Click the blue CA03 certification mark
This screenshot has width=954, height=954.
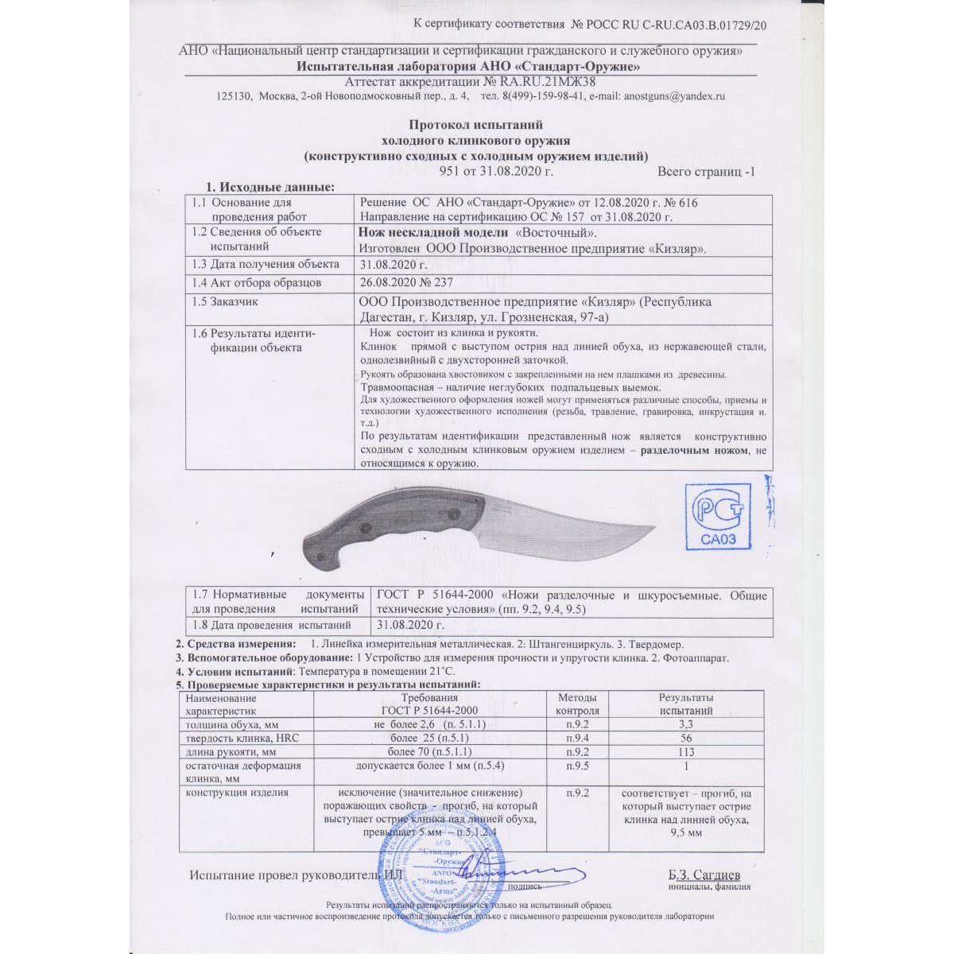tap(718, 517)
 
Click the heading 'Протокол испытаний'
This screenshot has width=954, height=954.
tap(475, 125)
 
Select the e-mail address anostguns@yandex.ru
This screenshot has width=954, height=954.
tap(675, 96)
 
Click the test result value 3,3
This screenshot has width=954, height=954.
tap(686, 725)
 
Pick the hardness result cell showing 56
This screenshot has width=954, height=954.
tap(686, 739)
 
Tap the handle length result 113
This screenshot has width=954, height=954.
tap(686, 752)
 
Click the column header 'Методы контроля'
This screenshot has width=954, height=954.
tap(577, 704)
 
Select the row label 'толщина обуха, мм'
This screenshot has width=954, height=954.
tap(231, 725)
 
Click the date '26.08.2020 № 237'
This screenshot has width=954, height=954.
tap(406, 282)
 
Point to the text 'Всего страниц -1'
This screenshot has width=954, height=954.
tap(706, 171)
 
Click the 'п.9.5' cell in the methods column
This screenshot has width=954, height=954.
tap(577, 766)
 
